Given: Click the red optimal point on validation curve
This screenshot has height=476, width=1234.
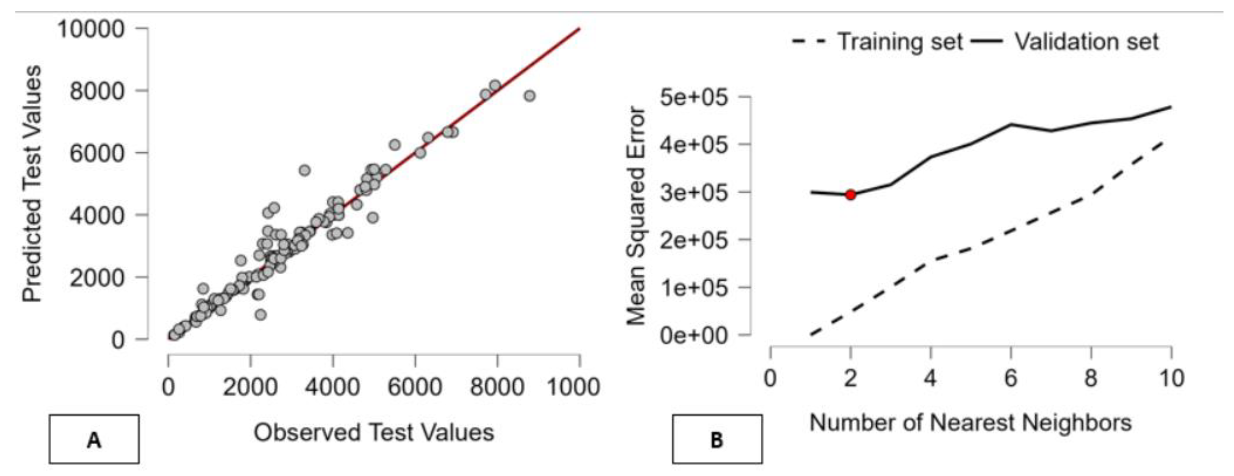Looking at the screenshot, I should point(850,195).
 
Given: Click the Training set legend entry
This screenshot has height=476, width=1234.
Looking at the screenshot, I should point(878,42).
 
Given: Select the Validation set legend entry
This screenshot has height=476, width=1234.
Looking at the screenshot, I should point(1066,42).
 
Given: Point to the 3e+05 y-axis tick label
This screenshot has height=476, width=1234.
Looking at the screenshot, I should point(693,193).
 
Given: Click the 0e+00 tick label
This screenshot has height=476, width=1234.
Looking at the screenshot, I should point(693,336).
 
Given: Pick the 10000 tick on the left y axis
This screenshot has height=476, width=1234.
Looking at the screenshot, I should point(91,29).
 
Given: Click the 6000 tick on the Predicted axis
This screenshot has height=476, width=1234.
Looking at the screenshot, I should point(97,153).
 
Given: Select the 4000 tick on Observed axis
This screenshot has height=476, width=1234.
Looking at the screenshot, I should point(332,386).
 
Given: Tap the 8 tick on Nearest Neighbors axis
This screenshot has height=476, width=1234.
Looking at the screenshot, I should point(1091,379).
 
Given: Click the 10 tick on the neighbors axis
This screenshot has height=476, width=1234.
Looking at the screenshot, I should point(1171,379).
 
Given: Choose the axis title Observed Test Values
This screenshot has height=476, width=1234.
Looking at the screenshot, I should point(374,432).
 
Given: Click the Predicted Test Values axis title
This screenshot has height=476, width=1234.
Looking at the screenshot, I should point(33,184).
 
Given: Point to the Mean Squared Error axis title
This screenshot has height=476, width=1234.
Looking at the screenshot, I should point(637,216).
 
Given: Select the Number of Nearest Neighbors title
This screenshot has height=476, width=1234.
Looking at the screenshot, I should point(970,423).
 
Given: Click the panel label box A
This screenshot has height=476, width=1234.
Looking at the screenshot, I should point(94,439).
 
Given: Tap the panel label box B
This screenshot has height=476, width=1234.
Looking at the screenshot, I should point(717,439).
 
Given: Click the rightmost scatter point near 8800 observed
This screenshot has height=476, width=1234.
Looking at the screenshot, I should point(530,96).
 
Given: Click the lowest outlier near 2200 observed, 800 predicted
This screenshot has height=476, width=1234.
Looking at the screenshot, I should point(261,315).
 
